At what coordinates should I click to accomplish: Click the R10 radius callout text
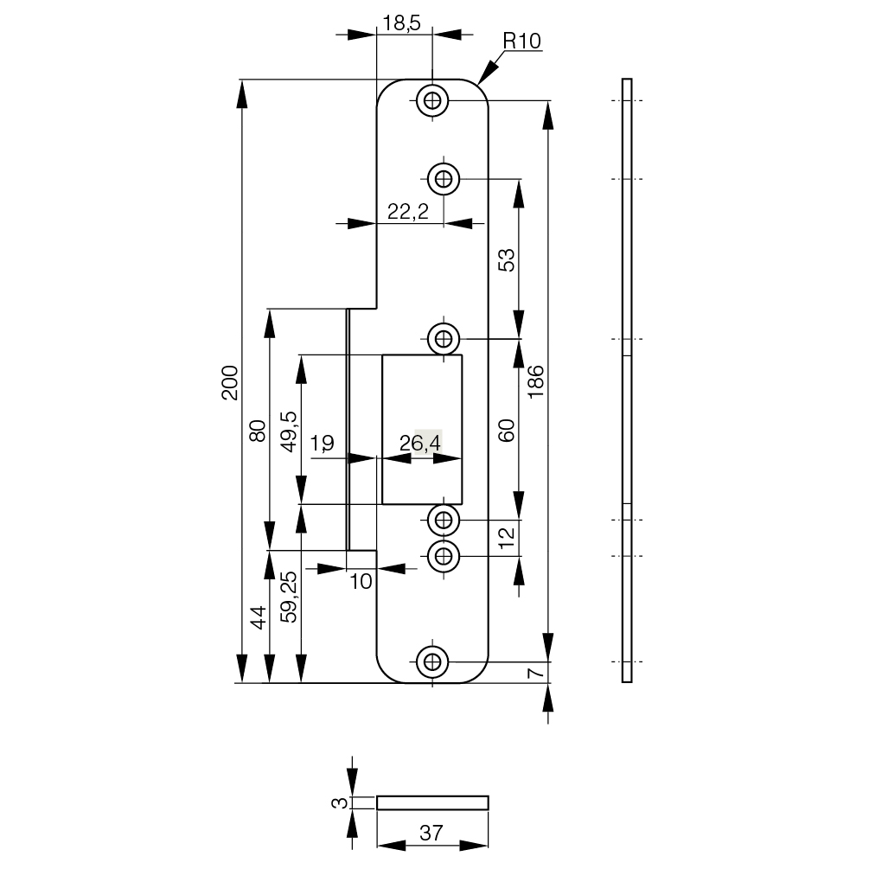(522, 40)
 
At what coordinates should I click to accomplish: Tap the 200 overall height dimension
(229, 381)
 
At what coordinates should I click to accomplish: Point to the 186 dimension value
(535, 381)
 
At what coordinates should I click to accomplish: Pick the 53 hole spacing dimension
(508, 259)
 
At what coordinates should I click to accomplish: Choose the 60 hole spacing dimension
(508, 430)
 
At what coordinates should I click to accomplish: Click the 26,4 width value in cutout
(421, 444)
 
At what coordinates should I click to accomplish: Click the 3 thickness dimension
(342, 802)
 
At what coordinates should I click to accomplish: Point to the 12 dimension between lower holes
(508, 538)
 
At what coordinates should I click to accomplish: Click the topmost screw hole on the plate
(432, 101)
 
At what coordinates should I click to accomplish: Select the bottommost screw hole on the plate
(432, 661)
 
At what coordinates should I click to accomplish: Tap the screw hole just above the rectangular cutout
(444, 337)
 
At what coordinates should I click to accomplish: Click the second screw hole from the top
(444, 179)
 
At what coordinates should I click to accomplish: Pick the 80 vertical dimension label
(257, 430)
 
